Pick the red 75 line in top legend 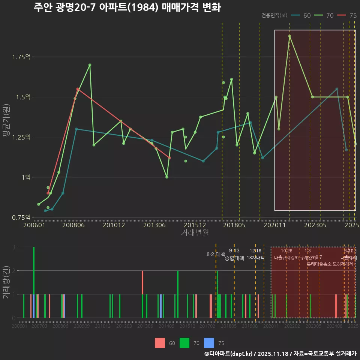click(x=347, y=15)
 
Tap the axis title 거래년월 click(x=195, y=233)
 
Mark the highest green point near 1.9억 click(x=289, y=36)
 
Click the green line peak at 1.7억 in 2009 click(x=90, y=65)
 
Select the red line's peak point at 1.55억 click(x=78, y=89)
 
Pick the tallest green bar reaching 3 click(x=34, y=282)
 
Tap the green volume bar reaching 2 click(x=178, y=294)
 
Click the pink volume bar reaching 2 click(x=142, y=294)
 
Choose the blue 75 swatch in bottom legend click(x=209, y=343)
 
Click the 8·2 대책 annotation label click(x=216, y=254)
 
